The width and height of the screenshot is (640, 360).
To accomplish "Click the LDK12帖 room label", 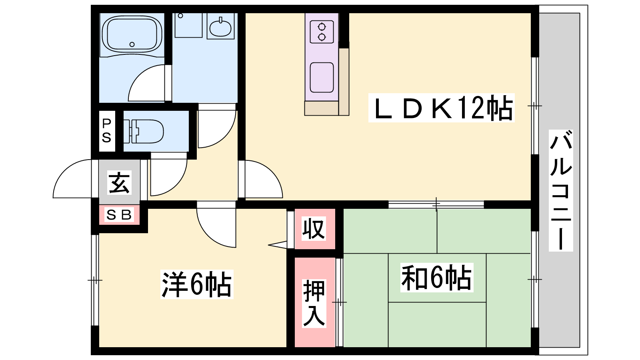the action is tap(442, 108).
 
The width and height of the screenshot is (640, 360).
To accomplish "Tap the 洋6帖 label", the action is tap(197, 284).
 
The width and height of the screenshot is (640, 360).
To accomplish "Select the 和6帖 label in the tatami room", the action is tap(436, 278).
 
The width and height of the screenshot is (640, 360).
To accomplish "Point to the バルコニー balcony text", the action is tap(561, 190).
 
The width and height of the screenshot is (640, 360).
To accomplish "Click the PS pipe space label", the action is tap(106, 131).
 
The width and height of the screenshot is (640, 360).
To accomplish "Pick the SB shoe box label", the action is tap(119, 215).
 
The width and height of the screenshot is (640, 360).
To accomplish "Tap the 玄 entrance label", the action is tap(120, 182).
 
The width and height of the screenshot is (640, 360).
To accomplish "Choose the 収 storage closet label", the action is tap(314, 228).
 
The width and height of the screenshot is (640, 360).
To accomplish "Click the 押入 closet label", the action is tap(314, 303).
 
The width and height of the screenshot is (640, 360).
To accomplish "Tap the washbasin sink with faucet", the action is tap(220, 28).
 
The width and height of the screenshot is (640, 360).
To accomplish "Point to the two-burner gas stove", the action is tap(322, 32).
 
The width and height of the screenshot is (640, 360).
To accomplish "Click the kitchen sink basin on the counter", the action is tap(322, 78).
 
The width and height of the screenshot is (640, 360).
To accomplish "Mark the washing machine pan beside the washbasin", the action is tap(188, 25).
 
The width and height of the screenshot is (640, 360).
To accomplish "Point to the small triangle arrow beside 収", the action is tap(278, 245).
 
